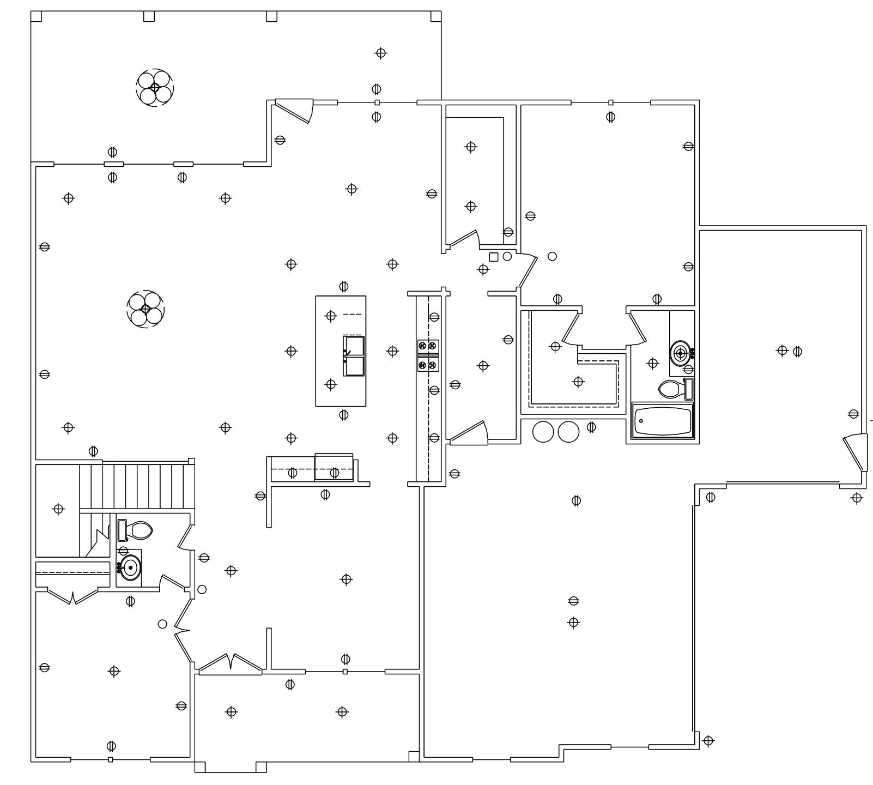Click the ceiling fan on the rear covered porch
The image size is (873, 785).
pyautogui.click(x=155, y=87)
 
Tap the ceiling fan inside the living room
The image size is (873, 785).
pyautogui.click(x=145, y=309)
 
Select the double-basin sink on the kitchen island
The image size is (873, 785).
pyautogui.click(x=353, y=356)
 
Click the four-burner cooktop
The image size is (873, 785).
pyautogui.click(x=428, y=355)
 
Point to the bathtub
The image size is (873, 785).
pyautogui.click(x=662, y=420)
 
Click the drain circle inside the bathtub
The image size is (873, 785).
pyautogui.click(x=641, y=421)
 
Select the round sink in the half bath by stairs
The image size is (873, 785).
pyautogui.click(x=130, y=568)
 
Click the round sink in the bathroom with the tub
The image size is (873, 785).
pyautogui.click(x=680, y=353)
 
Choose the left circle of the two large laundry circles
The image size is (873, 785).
pyautogui.click(x=543, y=432)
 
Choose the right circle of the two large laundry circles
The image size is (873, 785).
pyautogui.click(x=568, y=432)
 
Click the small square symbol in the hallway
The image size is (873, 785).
pyautogui.click(x=494, y=257)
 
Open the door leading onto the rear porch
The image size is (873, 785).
pyautogui.click(x=294, y=110)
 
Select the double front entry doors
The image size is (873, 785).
pyautogui.click(x=231, y=664)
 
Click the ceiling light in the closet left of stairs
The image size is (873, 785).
pyautogui.click(x=58, y=509)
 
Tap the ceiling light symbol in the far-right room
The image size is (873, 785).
pyautogui.click(x=782, y=351)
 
